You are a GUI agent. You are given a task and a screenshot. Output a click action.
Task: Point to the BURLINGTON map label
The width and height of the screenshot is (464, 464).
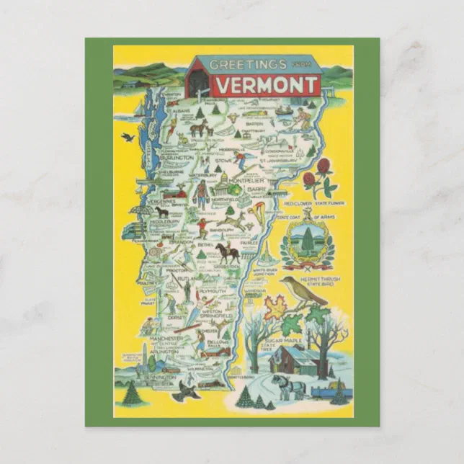tap(177, 156)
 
